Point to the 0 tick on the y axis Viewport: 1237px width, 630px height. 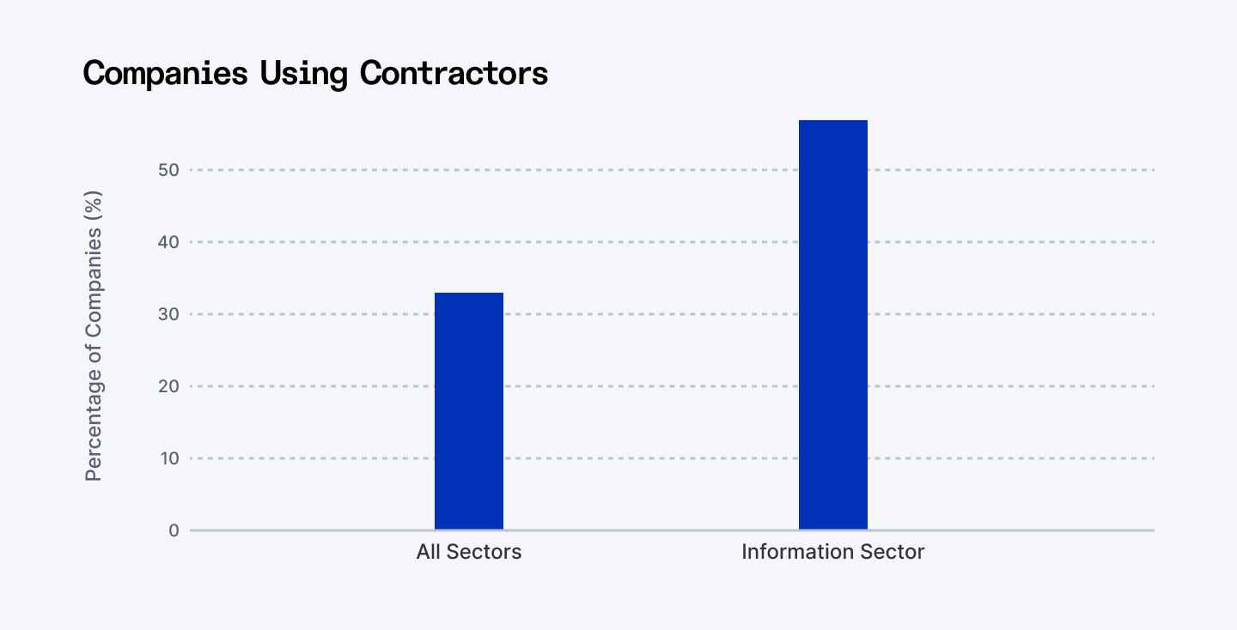click(174, 530)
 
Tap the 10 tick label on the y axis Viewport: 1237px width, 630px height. click(170, 458)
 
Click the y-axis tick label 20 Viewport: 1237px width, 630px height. click(169, 386)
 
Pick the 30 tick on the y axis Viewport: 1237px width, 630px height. click(169, 314)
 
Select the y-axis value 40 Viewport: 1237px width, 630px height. click(169, 242)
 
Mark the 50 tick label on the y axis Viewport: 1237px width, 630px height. click(169, 170)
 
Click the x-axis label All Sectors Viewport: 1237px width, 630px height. click(468, 552)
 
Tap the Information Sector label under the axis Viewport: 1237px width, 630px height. click(832, 552)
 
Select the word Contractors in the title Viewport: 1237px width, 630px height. click(454, 74)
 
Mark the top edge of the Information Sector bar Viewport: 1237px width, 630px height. click(832, 121)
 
